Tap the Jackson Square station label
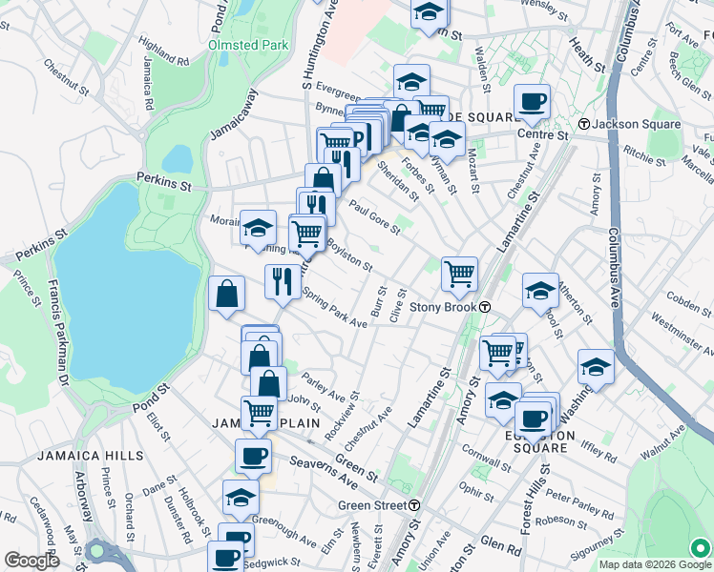(x=637, y=125)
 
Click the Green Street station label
(x=372, y=504)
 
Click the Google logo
(x=31, y=561)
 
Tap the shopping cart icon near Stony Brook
(x=459, y=275)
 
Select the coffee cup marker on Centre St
(x=532, y=101)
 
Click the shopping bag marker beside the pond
(x=226, y=295)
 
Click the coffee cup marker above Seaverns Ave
(x=253, y=457)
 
